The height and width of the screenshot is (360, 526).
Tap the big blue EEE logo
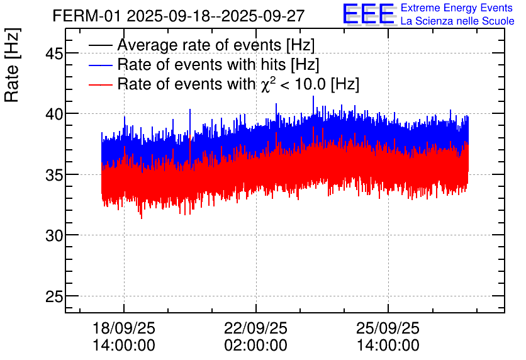pos(368,14)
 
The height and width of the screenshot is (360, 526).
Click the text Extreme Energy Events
pos(457,8)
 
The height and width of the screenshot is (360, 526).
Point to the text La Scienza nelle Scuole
pos(457,21)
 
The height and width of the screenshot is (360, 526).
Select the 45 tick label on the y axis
pos(53,53)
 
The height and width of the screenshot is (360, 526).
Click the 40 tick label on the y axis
pos(53,114)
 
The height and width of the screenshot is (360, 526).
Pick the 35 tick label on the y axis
pos(53,174)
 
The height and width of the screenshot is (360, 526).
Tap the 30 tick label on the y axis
pos(53,235)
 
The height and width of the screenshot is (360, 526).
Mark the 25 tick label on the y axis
pos(53,296)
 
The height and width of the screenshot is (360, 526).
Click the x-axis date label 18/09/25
pos(124,329)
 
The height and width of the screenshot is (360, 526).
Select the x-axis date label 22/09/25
pos(256,329)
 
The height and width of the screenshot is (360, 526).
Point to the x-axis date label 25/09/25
pos(388,329)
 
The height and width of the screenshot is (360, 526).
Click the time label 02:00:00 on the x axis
pos(256,346)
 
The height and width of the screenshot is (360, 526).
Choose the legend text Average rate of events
pos(216,45)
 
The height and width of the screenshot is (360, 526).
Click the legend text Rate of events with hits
pos(218,65)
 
